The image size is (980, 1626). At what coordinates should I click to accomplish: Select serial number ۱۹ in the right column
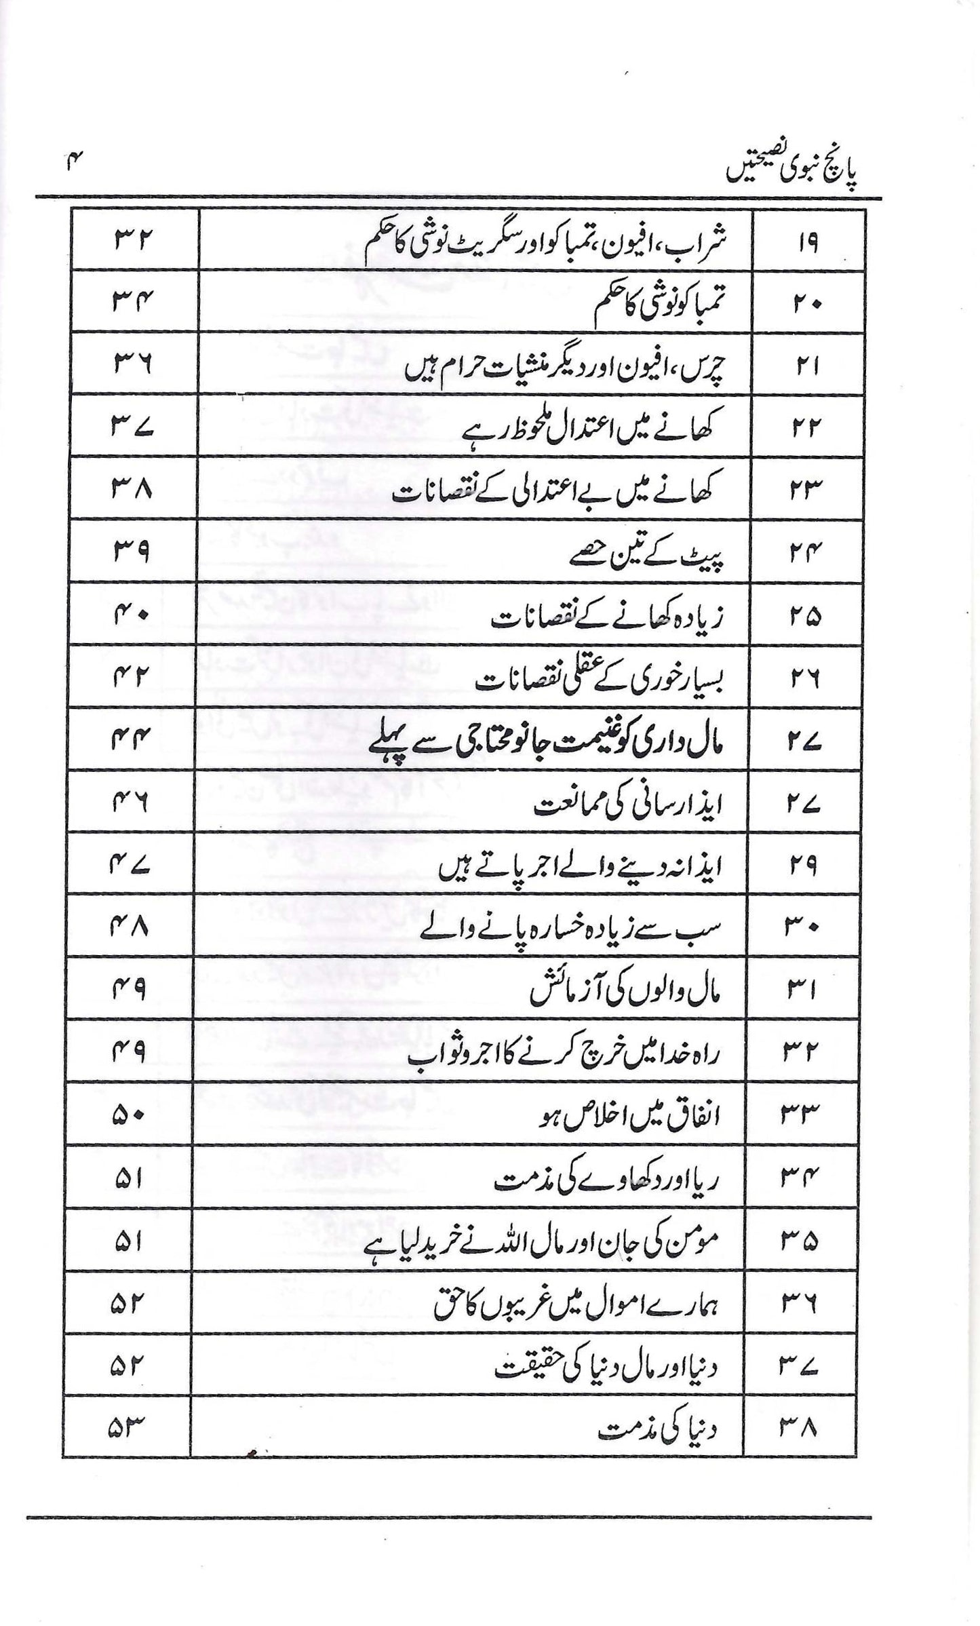pyautogui.click(x=806, y=242)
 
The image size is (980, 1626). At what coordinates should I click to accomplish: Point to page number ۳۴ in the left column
pyautogui.click(x=130, y=303)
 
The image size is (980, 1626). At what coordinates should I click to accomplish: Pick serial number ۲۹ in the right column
pyautogui.click(x=806, y=866)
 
